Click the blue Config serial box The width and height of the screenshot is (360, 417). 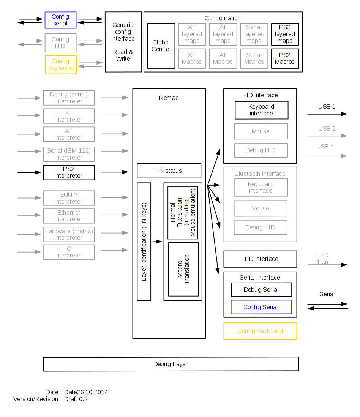[60, 20]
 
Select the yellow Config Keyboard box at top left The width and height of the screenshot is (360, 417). [60, 65]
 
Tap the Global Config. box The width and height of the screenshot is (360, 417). [161, 46]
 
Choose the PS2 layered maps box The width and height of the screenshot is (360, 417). [285, 34]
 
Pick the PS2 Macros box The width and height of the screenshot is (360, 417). [285, 58]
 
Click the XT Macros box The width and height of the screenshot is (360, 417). [192, 58]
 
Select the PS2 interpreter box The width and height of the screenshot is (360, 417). [68, 172]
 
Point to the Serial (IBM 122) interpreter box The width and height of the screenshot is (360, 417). [68, 154]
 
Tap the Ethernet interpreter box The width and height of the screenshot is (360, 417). [68, 216]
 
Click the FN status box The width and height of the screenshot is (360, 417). [169, 171]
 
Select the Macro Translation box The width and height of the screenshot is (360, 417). [183, 269]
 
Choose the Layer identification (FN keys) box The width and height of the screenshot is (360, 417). [144, 242]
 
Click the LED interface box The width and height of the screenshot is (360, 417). [260, 259]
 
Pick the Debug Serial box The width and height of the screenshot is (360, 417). [261, 290]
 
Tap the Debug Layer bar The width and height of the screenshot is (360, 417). [171, 364]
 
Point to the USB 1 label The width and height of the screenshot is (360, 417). [327, 107]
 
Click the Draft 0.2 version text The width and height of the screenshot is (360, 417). [76, 399]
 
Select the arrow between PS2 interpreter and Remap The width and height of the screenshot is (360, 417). [115, 172]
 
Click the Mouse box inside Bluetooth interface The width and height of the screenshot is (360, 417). [260, 208]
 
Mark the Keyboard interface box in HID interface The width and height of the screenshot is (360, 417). [261, 110]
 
